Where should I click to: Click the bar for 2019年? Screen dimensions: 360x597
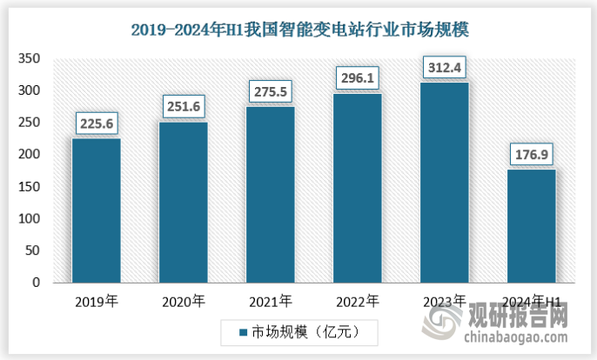pyautogui.click(x=96, y=210)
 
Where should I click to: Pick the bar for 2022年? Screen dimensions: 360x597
pyautogui.click(x=357, y=188)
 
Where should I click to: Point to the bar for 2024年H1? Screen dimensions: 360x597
pyautogui.click(x=531, y=226)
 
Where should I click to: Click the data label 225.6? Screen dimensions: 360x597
pyautogui.click(x=96, y=123)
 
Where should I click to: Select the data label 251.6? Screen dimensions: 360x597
pyautogui.click(x=183, y=107)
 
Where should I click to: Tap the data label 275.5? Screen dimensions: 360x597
pyautogui.click(x=270, y=91)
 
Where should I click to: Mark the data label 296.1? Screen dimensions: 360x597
pyautogui.click(x=357, y=78)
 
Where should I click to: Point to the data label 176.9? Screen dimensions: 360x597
pyautogui.click(x=531, y=155)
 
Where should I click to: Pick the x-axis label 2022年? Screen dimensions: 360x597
pyautogui.click(x=357, y=303)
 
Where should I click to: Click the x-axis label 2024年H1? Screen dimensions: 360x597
pyautogui.click(x=531, y=303)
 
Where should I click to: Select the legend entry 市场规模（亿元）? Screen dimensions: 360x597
pyautogui.click(x=297, y=331)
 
